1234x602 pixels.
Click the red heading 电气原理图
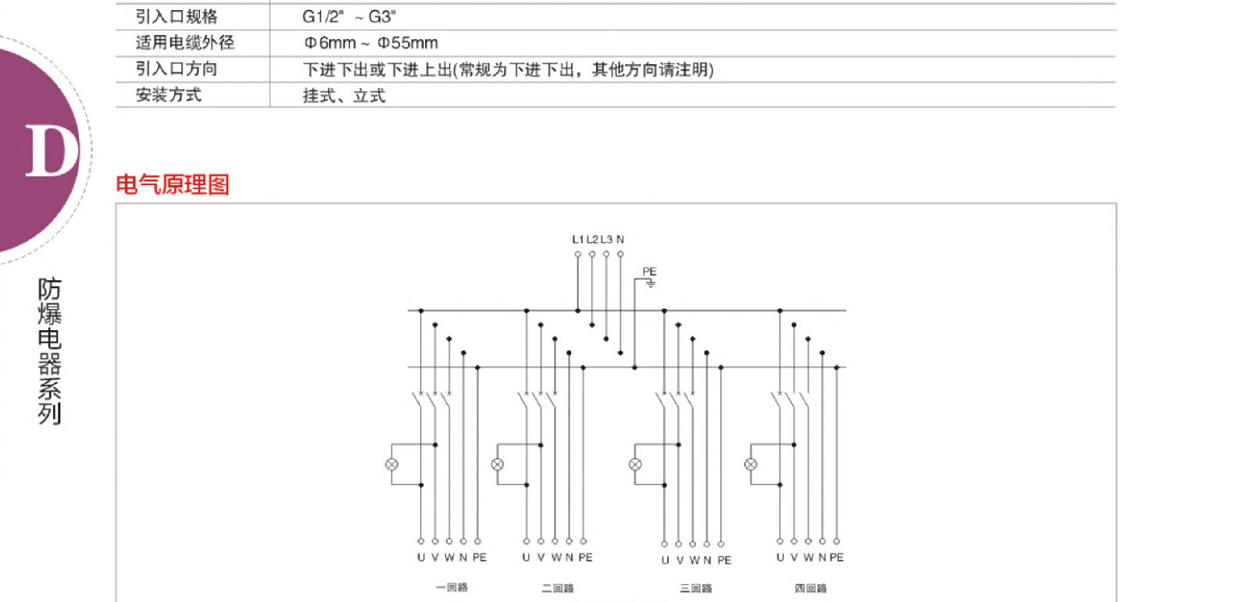172,184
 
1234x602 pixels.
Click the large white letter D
52,151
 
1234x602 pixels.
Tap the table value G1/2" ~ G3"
349,16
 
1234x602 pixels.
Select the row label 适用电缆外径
184,43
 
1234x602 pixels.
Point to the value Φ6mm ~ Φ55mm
370,43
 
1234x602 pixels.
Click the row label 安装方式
168,95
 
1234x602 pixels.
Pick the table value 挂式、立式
344,96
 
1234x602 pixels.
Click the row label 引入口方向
176,69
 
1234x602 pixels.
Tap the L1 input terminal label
578,239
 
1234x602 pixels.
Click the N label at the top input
621,239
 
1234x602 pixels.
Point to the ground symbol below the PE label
650,283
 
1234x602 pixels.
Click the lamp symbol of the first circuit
392,465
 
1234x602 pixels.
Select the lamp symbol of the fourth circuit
751,465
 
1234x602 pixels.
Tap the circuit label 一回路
452,587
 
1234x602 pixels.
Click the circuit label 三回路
696,588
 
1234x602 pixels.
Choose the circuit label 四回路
810,588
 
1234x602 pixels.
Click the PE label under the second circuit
585,557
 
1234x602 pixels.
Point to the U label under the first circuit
420,557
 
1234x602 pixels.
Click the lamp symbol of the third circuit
635,465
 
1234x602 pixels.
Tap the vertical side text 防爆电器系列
49,351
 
